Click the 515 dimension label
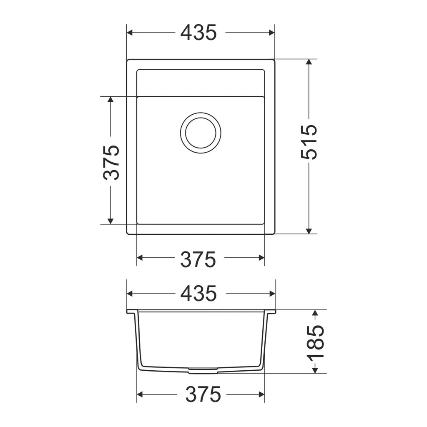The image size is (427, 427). click(x=309, y=142)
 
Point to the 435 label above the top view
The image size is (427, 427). click(x=198, y=33)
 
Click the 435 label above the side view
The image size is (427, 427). click(x=198, y=294)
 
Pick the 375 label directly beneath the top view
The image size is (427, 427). click(x=198, y=260)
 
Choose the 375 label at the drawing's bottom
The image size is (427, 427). click(x=203, y=394)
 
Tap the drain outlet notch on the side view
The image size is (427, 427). click(x=203, y=370)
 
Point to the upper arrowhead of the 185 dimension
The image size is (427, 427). click(x=315, y=313)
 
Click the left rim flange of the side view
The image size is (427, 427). click(x=131, y=311)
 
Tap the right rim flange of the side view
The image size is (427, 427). click(x=271, y=311)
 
